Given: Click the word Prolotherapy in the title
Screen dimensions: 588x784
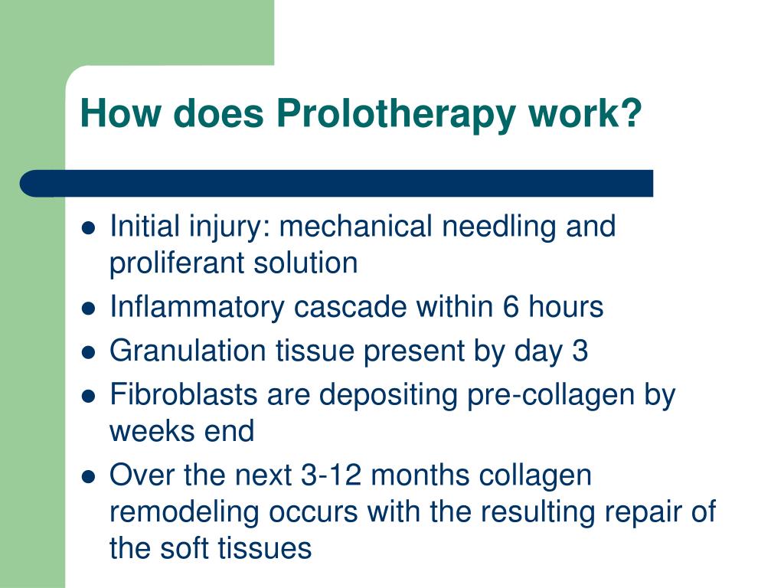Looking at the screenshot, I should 399,114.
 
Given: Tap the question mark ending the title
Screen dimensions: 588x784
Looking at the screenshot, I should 632,113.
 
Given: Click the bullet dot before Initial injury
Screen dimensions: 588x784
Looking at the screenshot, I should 88,228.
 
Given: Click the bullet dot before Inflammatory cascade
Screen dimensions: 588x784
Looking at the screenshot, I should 88,309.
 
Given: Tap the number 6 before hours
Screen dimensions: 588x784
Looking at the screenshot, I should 511,308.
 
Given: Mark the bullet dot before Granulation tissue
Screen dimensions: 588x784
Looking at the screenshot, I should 88,353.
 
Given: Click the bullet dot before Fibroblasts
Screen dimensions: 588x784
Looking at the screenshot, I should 88,397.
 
